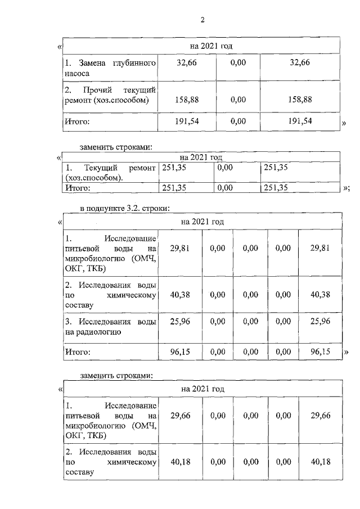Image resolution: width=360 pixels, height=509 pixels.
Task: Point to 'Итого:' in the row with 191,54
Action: (77, 121)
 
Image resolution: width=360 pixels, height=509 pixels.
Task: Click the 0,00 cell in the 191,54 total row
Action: (238, 121)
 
